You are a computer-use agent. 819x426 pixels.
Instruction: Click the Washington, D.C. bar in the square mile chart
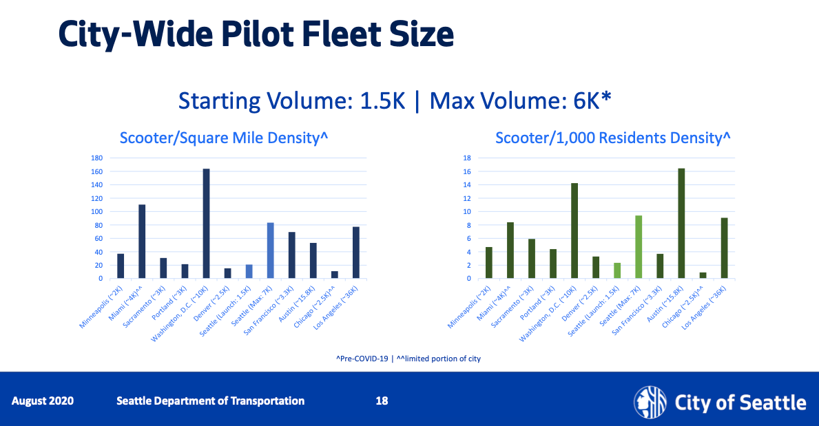pyautogui.click(x=206, y=224)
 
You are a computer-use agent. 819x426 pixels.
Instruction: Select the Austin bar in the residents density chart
pyautogui.click(x=681, y=224)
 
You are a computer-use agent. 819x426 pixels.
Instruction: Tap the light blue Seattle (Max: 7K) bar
pyautogui.click(x=270, y=251)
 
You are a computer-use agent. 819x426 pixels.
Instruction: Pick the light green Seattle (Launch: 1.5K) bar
pyautogui.click(x=618, y=270)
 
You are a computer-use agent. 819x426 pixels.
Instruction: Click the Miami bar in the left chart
pyautogui.click(x=142, y=242)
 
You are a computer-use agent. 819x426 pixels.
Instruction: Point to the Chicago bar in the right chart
pyautogui.click(x=703, y=275)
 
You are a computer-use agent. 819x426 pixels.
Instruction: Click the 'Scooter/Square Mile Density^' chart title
pyautogui.click(x=223, y=138)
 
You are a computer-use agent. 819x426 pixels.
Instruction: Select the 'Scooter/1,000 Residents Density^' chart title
pyautogui.click(x=612, y=138)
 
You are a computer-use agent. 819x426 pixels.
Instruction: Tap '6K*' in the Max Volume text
pyautogui.click(x=590, y=100)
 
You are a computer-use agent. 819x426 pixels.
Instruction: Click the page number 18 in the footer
pyautogui.click(x=382, y=401)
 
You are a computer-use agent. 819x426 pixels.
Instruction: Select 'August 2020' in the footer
pyautogui.click(x=43, y=401)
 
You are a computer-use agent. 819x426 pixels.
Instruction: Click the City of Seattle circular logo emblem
pyautogui.click(x=650, y=401)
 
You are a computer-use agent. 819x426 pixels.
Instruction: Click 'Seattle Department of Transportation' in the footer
pyautogui.click(x=210, y=401)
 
